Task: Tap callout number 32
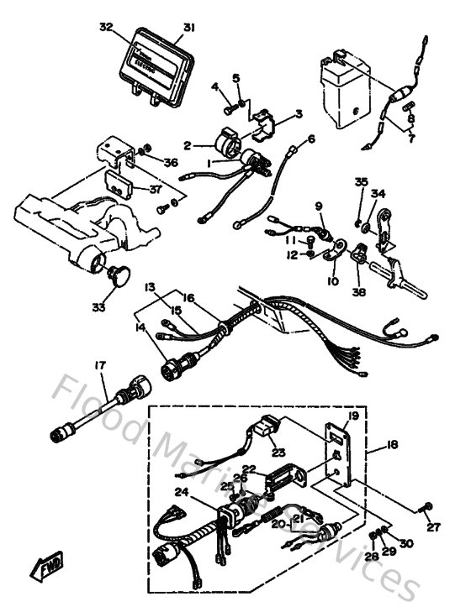click(x=105, y=27)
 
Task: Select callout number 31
click(x=189, y=27)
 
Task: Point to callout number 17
click(x=100, y=365)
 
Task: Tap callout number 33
click(x=98, y=308)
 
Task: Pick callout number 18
click(x=393, y=445)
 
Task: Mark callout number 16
click(x=189, y=297)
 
